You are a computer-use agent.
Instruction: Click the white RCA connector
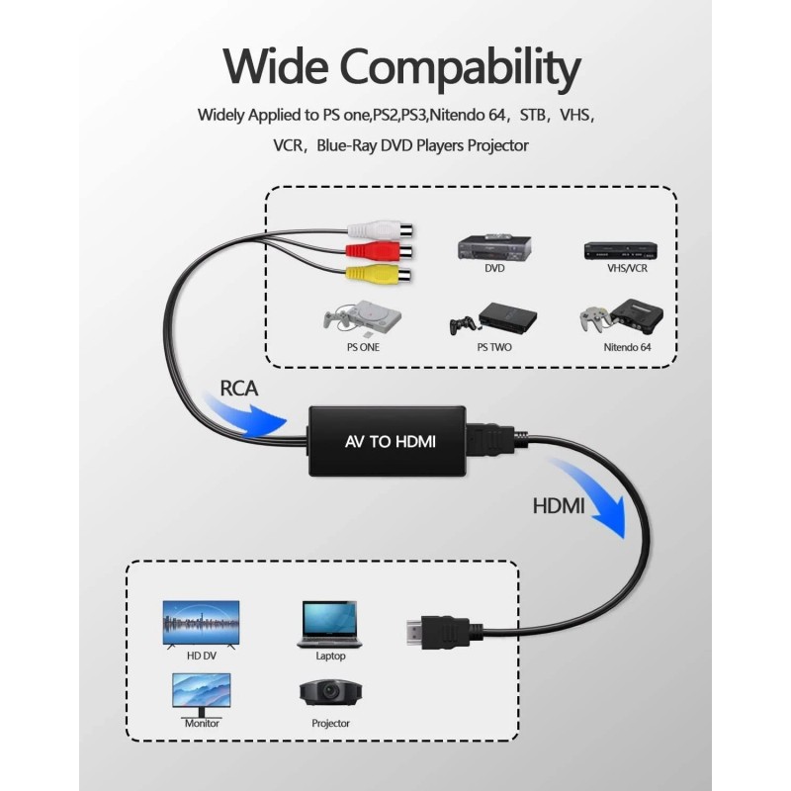point(380,230)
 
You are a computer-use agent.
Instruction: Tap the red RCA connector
point(379,250)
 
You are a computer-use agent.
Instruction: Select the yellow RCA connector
point(379,274)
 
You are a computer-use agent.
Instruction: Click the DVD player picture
point(494,248)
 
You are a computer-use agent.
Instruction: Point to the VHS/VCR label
point(627,268)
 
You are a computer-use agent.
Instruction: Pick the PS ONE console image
point(362,318)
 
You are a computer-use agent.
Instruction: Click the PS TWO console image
point(493,319)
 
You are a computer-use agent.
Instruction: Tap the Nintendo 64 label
point(627,347)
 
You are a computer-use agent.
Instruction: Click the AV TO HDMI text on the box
point(390,442)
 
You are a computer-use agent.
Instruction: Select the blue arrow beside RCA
point(244,414)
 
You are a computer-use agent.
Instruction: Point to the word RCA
point(238,389)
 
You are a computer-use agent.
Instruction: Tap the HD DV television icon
point(201,624)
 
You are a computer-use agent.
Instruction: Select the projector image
point(330,693)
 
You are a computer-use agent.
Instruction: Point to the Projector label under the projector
point(330,724)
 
